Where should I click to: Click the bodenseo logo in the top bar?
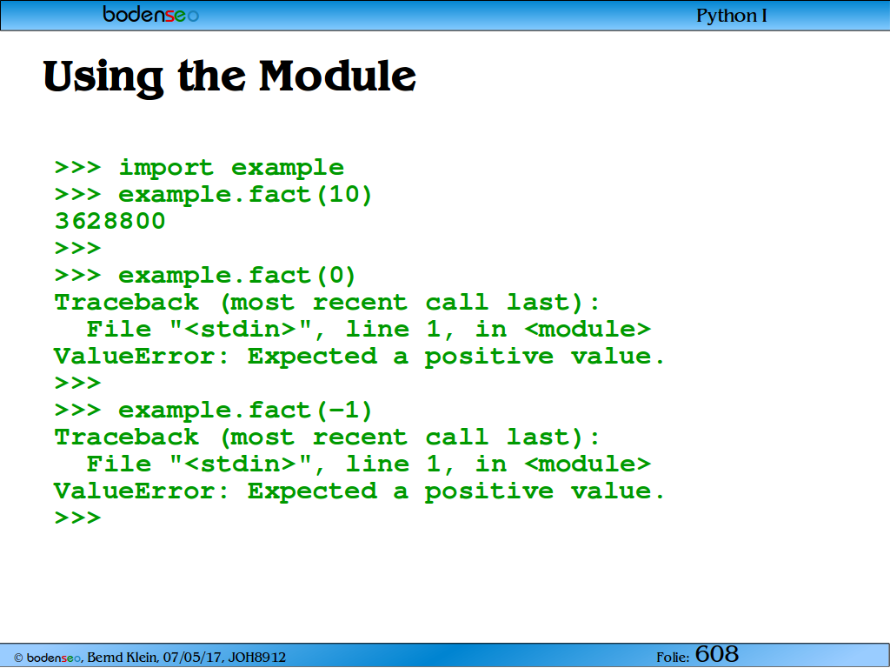(151, 14)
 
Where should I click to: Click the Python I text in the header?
(732, 16)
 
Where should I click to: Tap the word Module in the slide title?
(338, 77)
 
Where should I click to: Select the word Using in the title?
(103, 78)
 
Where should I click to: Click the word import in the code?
(166, 168)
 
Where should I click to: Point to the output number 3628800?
(110, 221)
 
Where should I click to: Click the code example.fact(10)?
(245, 194)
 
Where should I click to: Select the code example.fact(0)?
(237, 276)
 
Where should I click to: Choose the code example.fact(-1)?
(245, 411)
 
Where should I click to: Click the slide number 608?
(717, 654)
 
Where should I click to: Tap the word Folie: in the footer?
(674, 658)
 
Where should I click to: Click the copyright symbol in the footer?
(18, 658)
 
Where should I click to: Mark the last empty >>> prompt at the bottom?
(77, 518)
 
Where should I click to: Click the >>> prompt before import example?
(77, 168)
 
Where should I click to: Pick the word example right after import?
(287, 168)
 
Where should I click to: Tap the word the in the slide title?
(212, 77)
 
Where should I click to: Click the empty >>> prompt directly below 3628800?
(77, 248)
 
